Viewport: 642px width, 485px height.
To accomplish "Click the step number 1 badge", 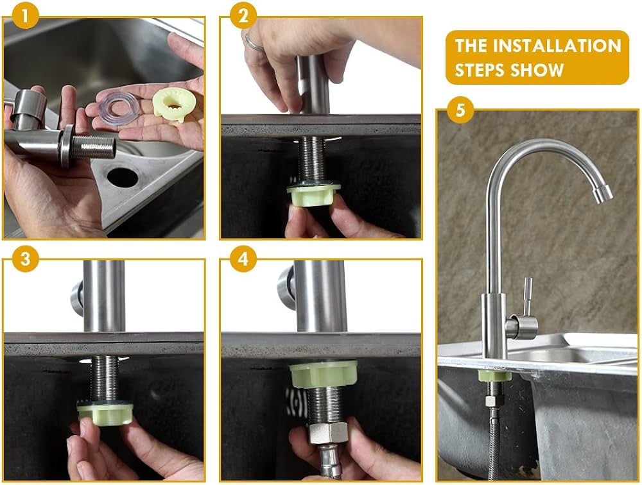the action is pos(26,16).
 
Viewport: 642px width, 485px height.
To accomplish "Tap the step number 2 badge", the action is pos(243,16).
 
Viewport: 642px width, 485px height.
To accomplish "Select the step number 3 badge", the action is pos(26,259).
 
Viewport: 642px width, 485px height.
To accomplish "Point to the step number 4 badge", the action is pos(243,259).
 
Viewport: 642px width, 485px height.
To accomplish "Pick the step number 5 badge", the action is pos(460,110).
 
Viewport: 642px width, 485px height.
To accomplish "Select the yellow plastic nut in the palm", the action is pos(173,105).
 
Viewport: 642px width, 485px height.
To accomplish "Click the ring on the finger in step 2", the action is pos(252,44).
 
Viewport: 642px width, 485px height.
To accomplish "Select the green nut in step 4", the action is pos(323,374).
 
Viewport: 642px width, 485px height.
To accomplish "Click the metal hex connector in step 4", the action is pos(328,433).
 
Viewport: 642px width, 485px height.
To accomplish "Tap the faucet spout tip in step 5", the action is pos(602,194).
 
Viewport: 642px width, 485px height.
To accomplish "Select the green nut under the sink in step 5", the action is pos(494,375).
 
